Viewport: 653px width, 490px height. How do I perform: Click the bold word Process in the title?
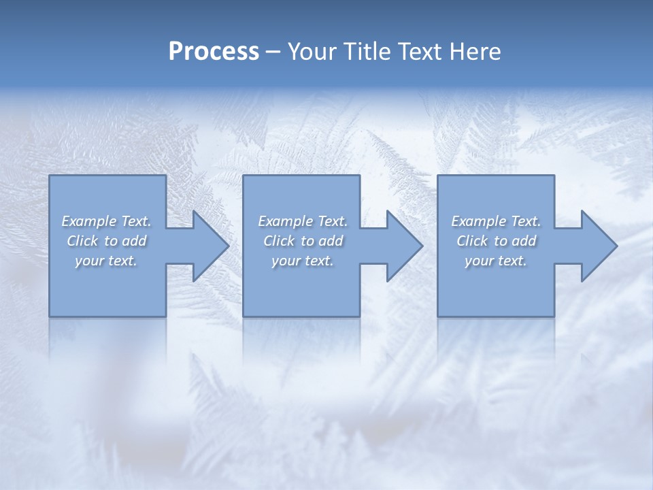214,52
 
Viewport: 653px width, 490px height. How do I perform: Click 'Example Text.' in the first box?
106,221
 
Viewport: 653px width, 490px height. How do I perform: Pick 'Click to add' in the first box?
106,241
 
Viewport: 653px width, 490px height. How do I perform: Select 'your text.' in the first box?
106,261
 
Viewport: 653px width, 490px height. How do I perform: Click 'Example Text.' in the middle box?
303,221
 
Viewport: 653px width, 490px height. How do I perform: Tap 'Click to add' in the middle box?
303,241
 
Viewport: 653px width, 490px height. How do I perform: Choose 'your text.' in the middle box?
303,261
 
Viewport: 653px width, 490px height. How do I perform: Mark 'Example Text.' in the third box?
496,221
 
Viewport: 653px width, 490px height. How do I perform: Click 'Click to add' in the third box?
496,241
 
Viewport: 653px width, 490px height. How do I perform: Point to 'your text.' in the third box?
496,261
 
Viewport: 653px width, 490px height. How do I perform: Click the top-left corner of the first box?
50,176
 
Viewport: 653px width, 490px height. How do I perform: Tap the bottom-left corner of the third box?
439,315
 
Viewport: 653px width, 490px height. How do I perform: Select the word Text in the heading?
417,52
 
